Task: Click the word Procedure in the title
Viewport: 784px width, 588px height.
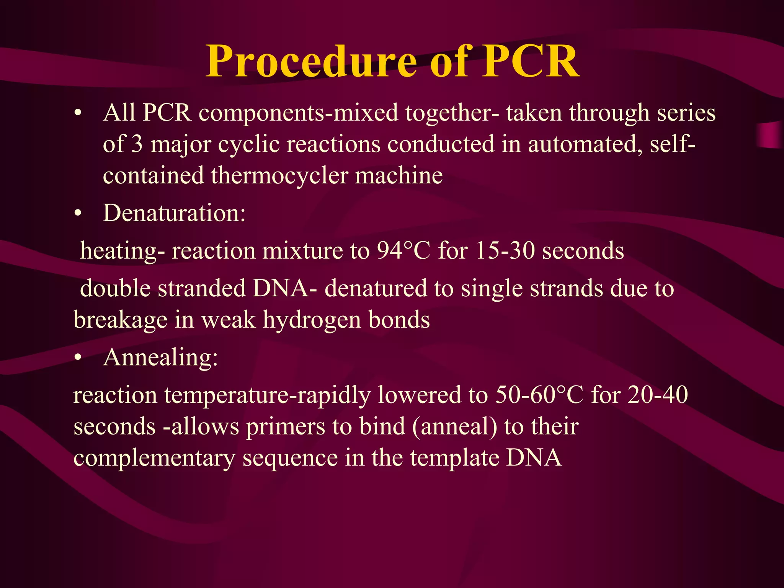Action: pos(310,62)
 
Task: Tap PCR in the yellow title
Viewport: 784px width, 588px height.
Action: pos(530,62)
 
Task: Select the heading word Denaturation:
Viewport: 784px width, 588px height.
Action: pos(174,213)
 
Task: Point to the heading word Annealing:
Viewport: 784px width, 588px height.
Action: pos(160,358)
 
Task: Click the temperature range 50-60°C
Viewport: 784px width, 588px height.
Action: pos(539,395)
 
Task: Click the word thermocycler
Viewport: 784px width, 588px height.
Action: pos(279,176)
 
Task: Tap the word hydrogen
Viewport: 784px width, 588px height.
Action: pos(312,320)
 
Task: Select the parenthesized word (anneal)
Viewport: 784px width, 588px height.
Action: pos(454,426)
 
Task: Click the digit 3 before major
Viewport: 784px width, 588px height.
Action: pos(137,145)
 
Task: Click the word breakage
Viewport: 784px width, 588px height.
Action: pos(120,320)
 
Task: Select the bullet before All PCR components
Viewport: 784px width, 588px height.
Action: pos(78,114)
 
